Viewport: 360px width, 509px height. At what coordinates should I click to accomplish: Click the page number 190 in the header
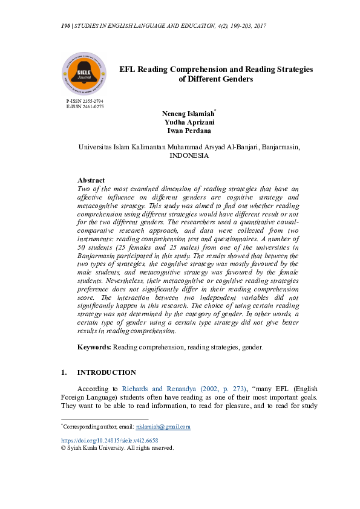click(66, 26)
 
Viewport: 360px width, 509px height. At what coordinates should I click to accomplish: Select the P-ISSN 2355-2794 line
click(85, 101)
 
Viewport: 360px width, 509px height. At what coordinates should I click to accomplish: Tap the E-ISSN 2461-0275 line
click(85, 106)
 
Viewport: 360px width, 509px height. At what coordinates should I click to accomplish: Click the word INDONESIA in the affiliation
click(189, 155)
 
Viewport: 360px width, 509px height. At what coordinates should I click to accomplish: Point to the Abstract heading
click(91, 180)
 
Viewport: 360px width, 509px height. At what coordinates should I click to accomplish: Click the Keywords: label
click(94, 347)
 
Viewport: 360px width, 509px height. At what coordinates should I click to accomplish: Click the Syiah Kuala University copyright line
click(117, 448)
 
